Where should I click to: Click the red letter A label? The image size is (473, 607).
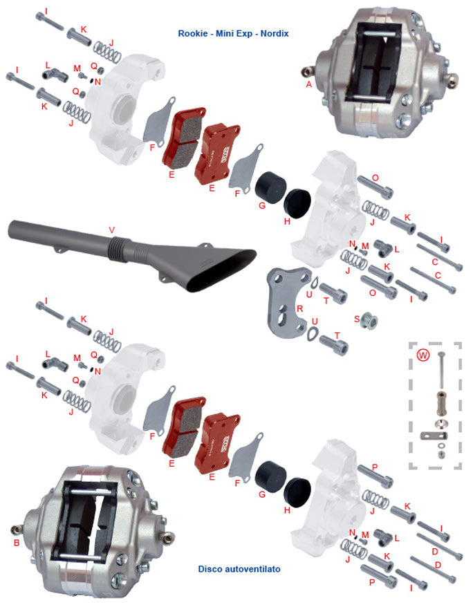point(308,84)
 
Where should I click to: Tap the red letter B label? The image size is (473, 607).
point(17,543)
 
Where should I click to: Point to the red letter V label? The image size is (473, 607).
point(112,230)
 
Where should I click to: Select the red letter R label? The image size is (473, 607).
point(299,308)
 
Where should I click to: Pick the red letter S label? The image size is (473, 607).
point(357,319)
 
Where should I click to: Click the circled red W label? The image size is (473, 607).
point(423,355)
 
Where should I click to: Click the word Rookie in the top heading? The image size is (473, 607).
point(193,33)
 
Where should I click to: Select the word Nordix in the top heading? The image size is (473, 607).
point(275,33)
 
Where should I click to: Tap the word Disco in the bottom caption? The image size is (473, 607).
point(210,569)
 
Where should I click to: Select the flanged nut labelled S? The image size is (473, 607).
point(369,321)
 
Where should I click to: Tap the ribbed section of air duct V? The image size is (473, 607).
point(118,249)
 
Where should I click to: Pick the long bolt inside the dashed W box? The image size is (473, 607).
point(441,371)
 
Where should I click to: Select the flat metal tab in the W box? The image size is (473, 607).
point(434,436)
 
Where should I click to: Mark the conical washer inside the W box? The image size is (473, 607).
point(441,422)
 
